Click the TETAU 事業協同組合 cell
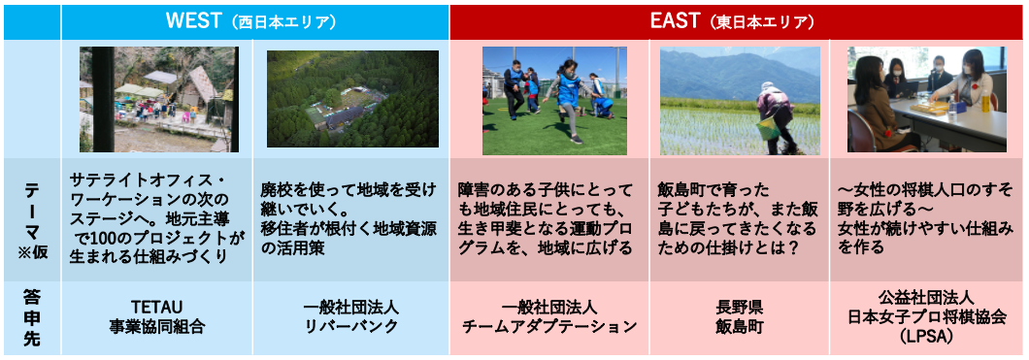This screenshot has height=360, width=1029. coord(157,318)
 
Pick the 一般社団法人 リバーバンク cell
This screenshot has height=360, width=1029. coord(351,318)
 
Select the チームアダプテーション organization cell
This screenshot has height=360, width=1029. coord(549,318)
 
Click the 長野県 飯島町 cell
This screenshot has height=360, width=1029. coord(739,318)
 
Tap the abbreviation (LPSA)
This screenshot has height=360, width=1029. coord(927,335)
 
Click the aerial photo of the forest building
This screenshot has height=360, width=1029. coord(352,98)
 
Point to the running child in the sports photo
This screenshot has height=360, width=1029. coord(566,98)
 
